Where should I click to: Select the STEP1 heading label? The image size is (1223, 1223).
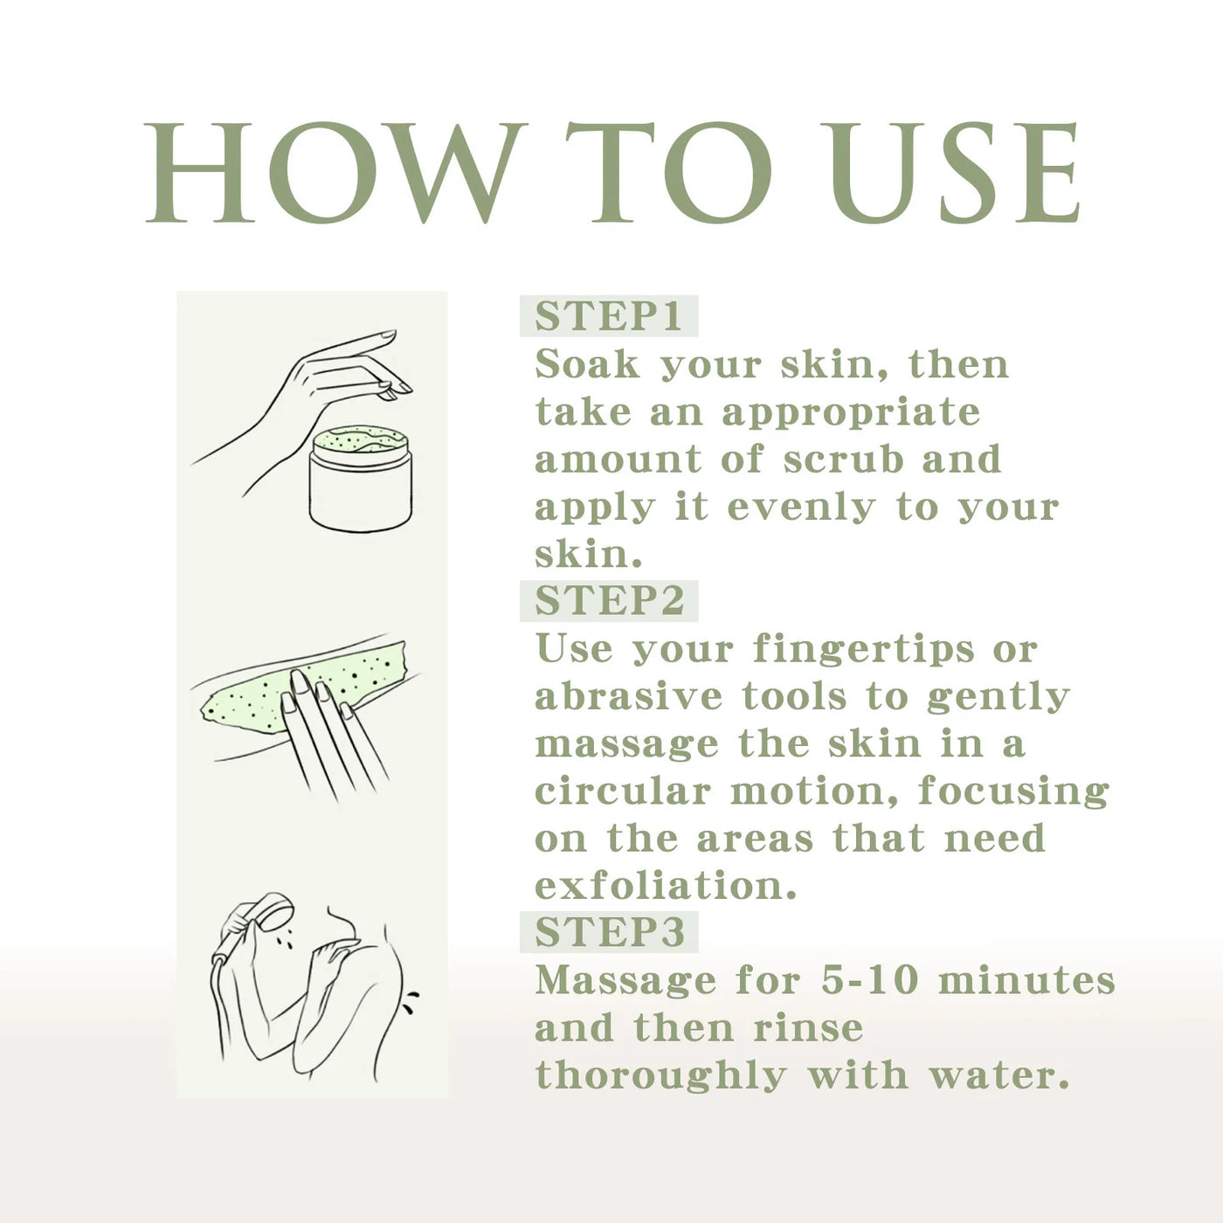pos(608,316)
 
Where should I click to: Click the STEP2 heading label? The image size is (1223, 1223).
pos(609,600)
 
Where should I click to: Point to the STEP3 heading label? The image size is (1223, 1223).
pos(610,932)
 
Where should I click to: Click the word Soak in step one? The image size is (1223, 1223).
pos(587,364)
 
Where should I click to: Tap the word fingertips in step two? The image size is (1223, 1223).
pos(864,651)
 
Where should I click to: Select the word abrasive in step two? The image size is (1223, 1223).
pos(628,696)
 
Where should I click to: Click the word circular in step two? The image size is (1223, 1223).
pos(623,791)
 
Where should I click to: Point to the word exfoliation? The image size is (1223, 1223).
pos(665,886)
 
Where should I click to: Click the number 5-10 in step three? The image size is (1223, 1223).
pos(869,980)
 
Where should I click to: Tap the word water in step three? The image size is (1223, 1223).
pos(999,1075)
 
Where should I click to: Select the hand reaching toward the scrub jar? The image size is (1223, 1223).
pos(302,411)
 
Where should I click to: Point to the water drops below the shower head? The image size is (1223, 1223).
pos(285,939)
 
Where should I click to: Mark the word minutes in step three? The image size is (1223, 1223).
pos(1026,980)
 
